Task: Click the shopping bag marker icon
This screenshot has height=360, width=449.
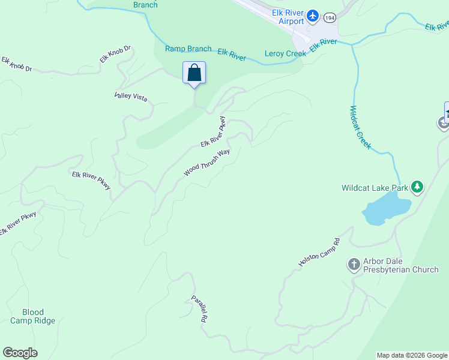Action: click(x=194, y=73)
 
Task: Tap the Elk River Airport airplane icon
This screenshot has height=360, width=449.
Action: click(x=313, y=15)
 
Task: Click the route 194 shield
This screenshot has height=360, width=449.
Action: click(x=329, y=18)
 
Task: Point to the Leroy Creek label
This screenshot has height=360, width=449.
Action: click(x=285, y=53)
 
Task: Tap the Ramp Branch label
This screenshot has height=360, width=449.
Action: click(x=188, y=49)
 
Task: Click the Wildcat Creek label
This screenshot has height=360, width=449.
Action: click(x=360, y=128)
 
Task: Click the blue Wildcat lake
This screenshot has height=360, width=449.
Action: click(x=385, y=211)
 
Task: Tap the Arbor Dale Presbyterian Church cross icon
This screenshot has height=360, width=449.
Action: click(x=354, y=263)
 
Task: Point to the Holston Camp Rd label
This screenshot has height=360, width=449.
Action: click(x=319, y=252)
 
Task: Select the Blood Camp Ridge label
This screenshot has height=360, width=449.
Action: click(x=33, y=316)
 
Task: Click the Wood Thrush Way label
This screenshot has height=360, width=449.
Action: click(x=207, y=163)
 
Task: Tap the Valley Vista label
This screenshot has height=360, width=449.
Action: click(x=131, y=96)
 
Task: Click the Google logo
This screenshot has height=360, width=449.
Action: click(x=20, y=353)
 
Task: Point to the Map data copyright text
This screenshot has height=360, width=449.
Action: click(x=412, y=355)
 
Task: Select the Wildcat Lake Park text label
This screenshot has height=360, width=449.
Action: click(x=375, y=188)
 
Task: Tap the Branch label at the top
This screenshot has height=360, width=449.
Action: click(x=145, y=5)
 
